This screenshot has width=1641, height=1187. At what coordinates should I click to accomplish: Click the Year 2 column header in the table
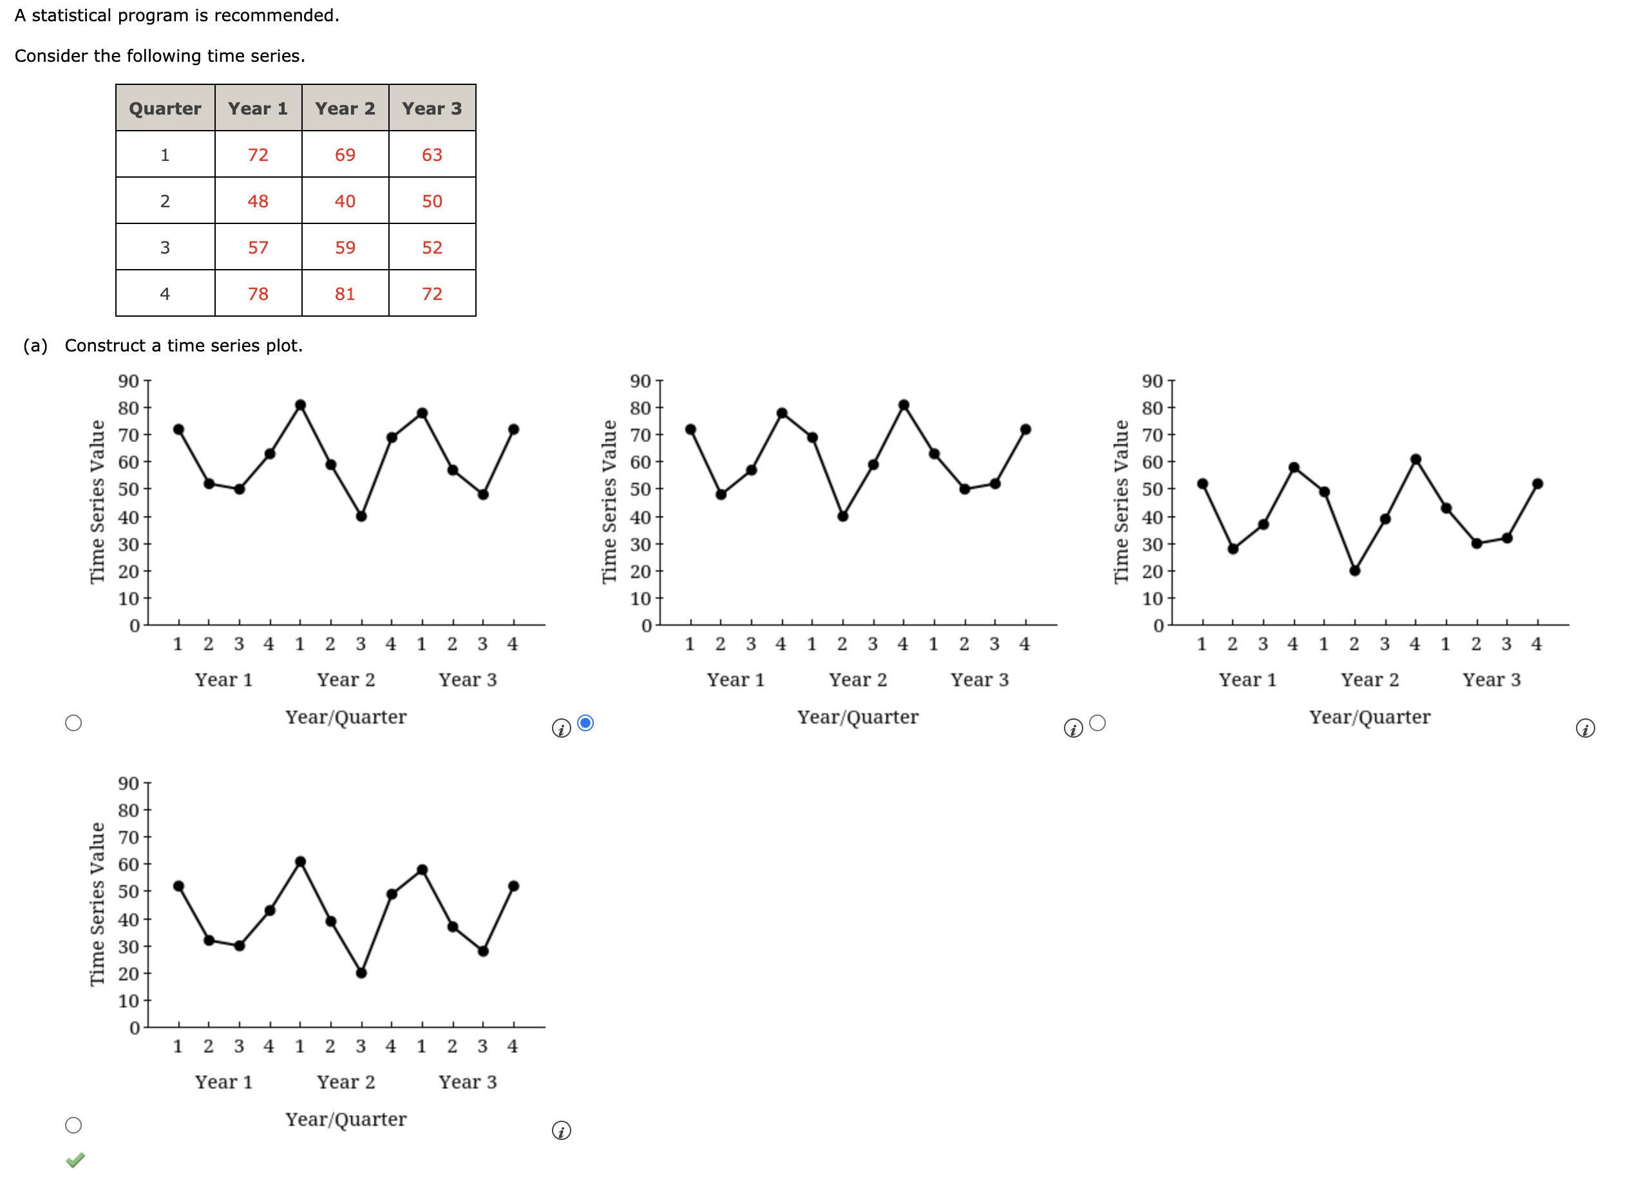[x=345, y=109]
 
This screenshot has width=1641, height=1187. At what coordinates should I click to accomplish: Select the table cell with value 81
[x=345, y=294]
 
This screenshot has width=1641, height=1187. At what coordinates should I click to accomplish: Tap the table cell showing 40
[x=345, y=201]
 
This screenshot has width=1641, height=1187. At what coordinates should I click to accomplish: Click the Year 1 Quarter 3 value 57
[x=258, y=247]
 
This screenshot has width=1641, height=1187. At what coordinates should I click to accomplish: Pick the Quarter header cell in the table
[x=165, y=109]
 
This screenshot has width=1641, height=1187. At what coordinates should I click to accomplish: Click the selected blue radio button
[x=586, y=723]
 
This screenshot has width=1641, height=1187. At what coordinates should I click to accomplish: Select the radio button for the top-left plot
[x=73, y=723]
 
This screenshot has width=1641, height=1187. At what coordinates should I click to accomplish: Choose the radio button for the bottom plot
[x=73, y=1125]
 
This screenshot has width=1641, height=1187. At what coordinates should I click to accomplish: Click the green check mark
[x=75, y=1159]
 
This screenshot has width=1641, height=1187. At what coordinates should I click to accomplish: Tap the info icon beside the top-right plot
[x=1585, y=729]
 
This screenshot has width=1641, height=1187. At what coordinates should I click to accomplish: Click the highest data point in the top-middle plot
[x=904, y=405]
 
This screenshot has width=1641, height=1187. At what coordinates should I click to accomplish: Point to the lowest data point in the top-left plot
[x=361, y=516]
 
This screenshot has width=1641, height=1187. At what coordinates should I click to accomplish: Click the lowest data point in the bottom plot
[x=361, y=973]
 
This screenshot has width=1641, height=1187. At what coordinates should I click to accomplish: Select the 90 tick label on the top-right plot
[x=1152, y=381]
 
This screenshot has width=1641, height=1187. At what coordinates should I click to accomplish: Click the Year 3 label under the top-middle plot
[x=980, y=680]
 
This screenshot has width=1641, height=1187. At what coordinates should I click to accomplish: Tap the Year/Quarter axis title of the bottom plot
[x=346, y=1119]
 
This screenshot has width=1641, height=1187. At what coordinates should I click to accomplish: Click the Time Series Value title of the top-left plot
[x=97, y=501]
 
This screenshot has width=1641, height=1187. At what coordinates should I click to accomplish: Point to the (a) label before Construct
[x=35, y=345]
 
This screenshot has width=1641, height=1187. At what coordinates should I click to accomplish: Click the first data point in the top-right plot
[x=1202, y=484]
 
